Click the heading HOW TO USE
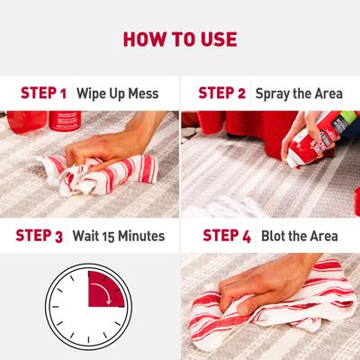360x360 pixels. [180, 40]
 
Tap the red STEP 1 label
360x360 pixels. [43, 93]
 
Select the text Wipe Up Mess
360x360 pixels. [117, 93]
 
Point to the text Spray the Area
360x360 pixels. [296, 93]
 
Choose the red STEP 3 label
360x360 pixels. [40, 237]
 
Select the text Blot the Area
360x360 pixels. [298, 237]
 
